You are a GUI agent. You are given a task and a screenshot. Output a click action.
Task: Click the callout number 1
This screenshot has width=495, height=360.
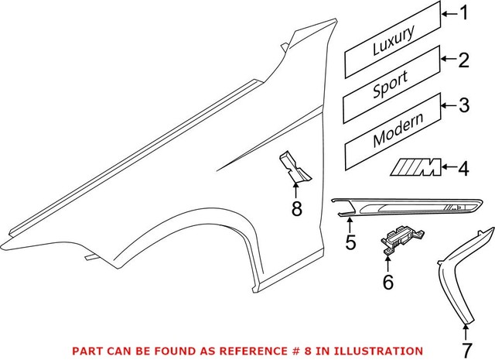point(464,12)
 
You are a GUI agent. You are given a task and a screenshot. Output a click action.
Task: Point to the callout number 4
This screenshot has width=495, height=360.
point(464,166)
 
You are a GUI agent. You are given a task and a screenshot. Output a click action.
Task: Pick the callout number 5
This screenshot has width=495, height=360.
point(350,242)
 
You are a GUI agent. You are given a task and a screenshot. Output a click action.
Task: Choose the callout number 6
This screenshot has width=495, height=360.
point(387,283)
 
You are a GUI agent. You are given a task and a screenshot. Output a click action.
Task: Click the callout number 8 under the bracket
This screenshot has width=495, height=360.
point(297,208)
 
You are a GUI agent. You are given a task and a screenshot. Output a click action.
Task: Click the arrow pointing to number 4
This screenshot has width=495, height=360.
point(448,166)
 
